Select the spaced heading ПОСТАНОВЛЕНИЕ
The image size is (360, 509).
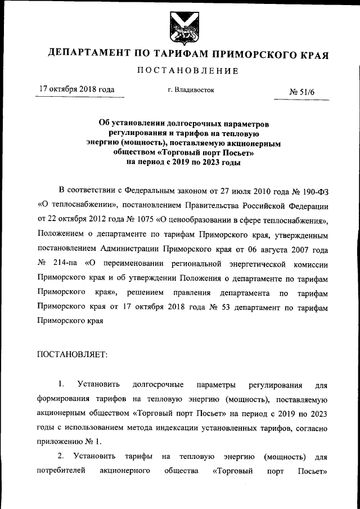[x=180, y=71]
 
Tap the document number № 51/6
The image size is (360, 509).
[x=302, y=92]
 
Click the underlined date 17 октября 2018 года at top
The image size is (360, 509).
[x=76, y=89]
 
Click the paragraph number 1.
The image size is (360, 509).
[x=61, y=385]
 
